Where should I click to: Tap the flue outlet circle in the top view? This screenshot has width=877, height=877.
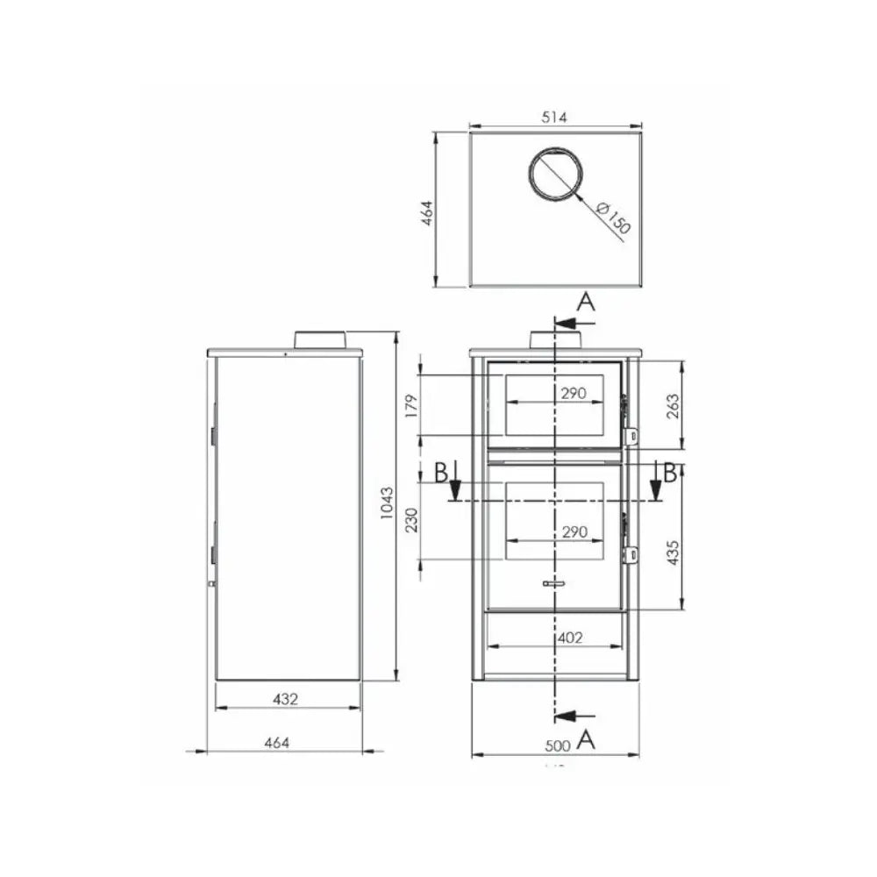point(556,174)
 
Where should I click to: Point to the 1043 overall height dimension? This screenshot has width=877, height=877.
point(387,506)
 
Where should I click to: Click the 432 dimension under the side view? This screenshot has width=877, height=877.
point(286,699)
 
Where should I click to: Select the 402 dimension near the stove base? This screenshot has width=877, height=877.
point(569,638)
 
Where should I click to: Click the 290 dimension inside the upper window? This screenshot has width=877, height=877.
point(573,394)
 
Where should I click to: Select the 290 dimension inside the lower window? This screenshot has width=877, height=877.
point(573,532)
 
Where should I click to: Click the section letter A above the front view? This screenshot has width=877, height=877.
point(587,303)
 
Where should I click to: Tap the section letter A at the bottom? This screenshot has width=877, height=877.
point(587,739)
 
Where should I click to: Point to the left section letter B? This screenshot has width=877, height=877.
point(441,474)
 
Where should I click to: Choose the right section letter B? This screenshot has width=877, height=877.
point(669,474)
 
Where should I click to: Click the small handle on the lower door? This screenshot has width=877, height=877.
point(554,582)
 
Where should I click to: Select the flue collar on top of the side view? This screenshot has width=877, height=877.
point(319,340)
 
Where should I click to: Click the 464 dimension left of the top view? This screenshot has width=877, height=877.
point(427,210)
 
